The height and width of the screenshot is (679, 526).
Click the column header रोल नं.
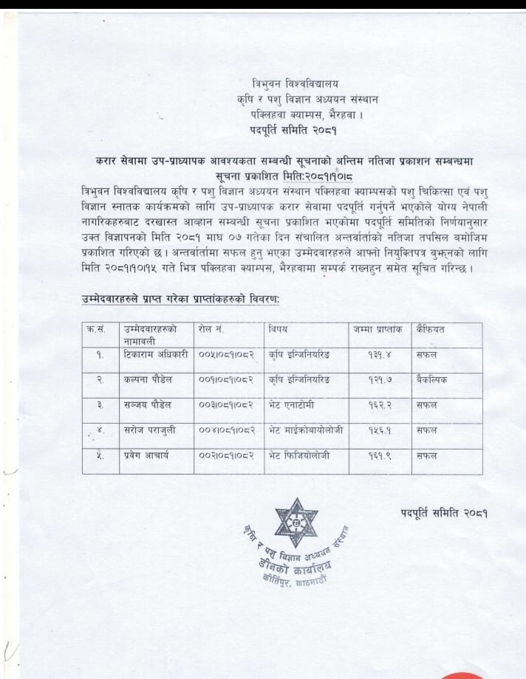point(214,327)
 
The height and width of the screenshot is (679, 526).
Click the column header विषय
point(278,327)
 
